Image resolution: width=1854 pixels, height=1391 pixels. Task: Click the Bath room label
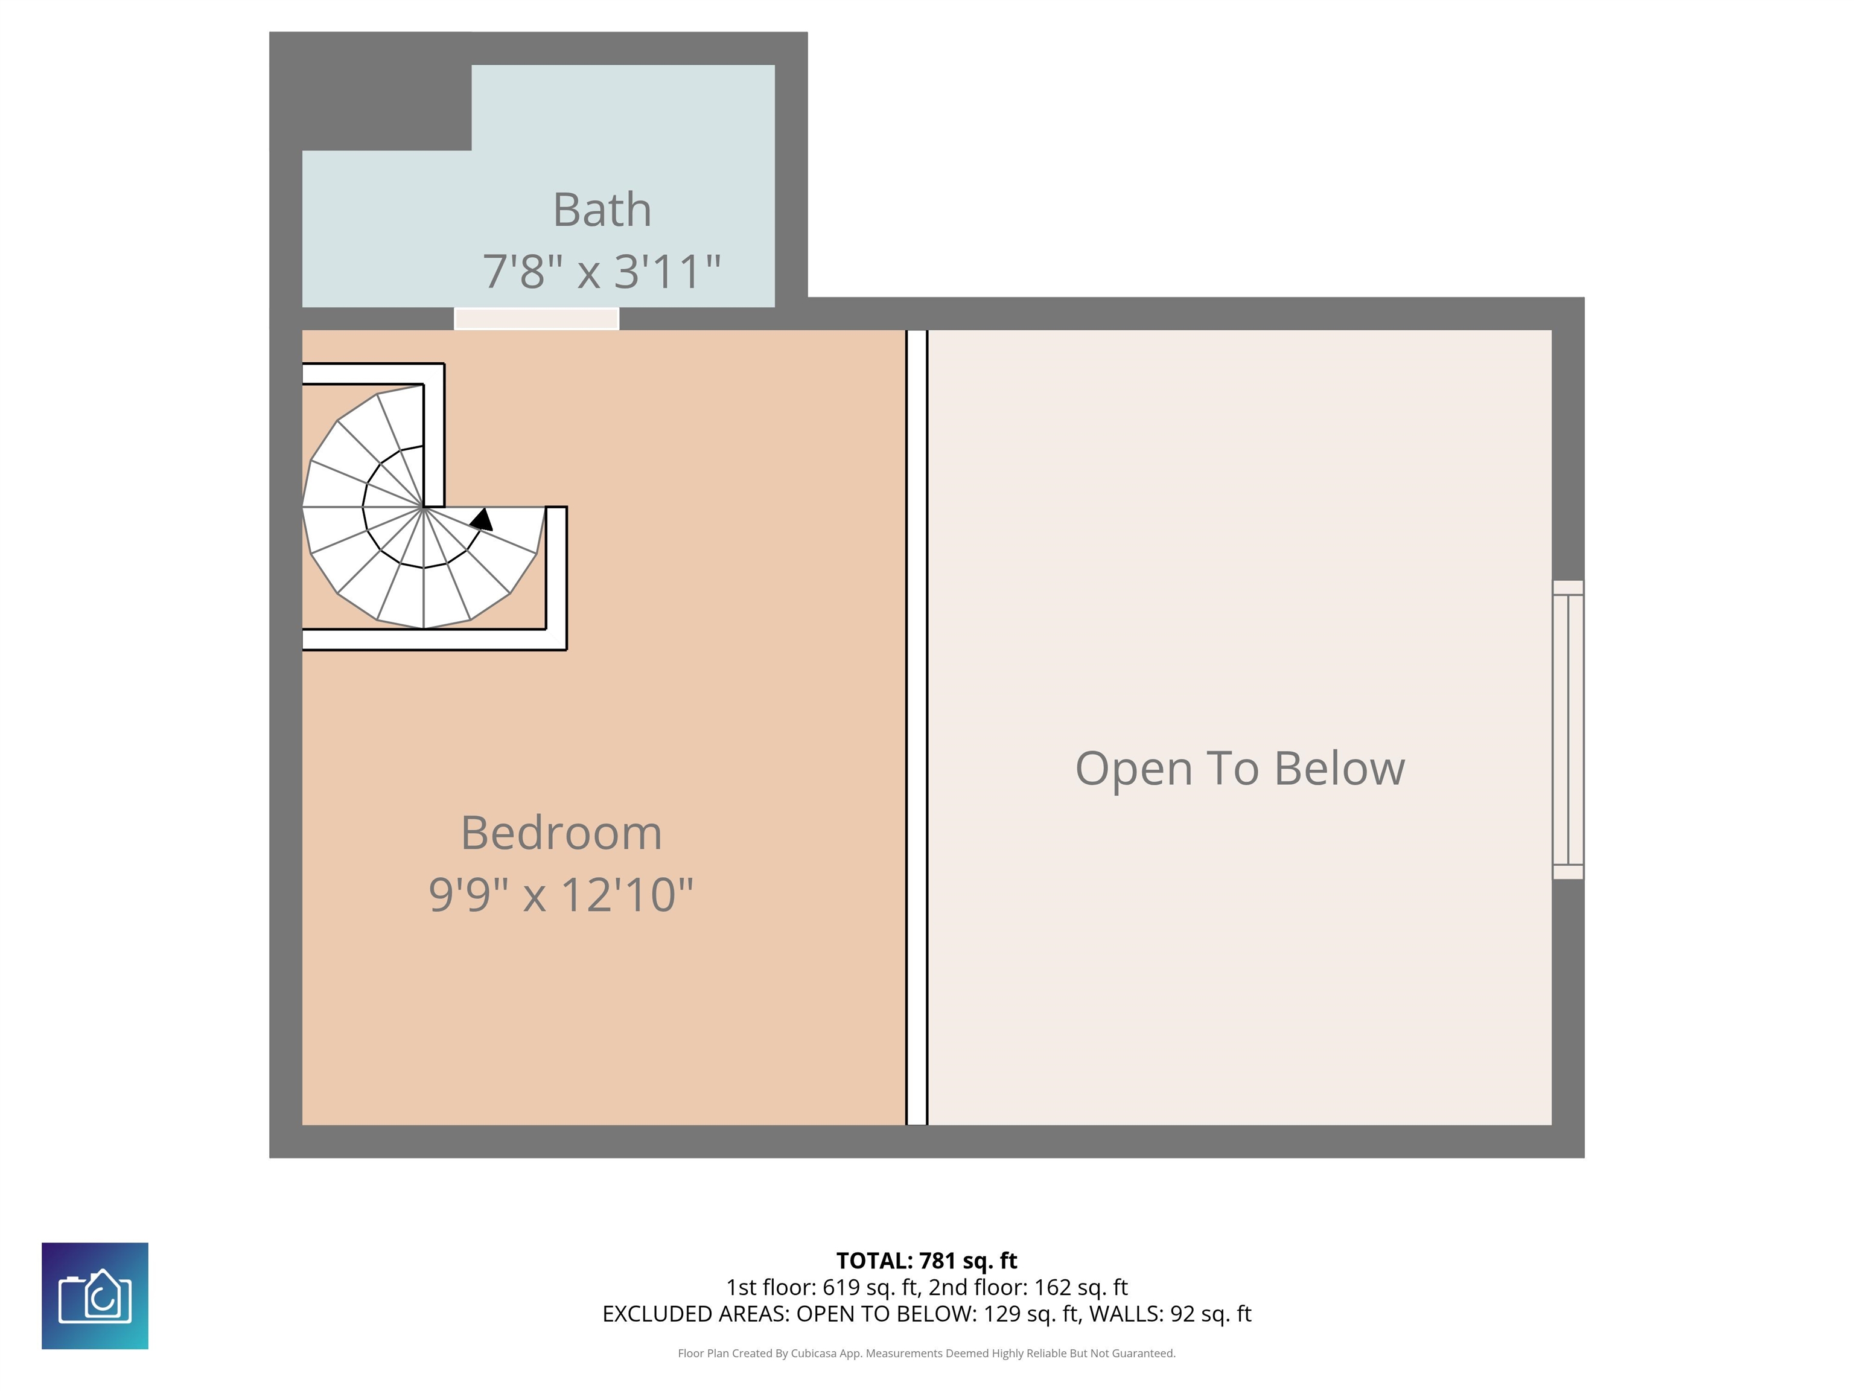pyautogui.click(x=602, y=209)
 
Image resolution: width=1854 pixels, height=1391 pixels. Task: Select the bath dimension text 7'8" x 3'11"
pyautogui.click(x=602, y=272)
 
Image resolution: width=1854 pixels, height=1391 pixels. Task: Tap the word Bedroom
pyautogui.click(x=561, y=833)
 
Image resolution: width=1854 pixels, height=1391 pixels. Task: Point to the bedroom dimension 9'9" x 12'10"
pyautogui.click(x=561, y=895)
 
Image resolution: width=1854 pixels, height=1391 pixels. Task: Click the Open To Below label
pyautogui.click(x=1240, y=769)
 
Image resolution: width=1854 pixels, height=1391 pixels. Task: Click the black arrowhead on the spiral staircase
pyautogui.click(x=482, y=520)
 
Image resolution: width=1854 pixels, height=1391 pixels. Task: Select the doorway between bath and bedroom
pyautogui.click(x=537, y=319)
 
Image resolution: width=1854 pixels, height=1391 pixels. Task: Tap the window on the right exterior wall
pyautogui.click(x=1567, y=729)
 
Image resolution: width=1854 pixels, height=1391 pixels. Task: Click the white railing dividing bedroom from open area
pyautogui.click(x=917, y=727)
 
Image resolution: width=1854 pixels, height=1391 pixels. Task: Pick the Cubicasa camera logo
pyautogui.click(x=95, y=1296)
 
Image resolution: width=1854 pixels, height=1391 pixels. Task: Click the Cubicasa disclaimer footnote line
pyautogui.click(x=926, y=1354)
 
